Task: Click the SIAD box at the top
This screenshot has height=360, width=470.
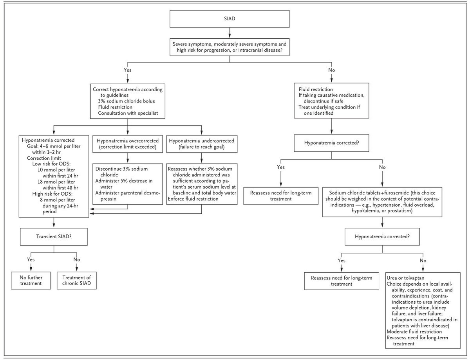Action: (x=230, y=19)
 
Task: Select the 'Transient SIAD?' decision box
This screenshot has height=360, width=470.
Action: (x=54, y=237)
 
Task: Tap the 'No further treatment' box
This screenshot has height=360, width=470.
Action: (x=31, y=281)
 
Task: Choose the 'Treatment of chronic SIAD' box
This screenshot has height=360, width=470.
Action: (x=76, y=281)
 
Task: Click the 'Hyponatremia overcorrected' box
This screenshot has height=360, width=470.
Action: (x=128, y=144)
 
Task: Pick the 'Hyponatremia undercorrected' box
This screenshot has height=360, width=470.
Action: (x=202, y=144)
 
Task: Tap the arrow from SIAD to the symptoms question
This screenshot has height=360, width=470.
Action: (x=230, y=33)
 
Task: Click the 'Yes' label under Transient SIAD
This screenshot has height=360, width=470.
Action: (x=31, y=259)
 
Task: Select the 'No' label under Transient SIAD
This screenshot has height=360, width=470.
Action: (x=76, y=259)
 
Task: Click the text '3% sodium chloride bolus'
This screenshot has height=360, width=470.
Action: (x=127, y=101)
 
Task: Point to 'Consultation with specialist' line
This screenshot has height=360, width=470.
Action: (x=128, y=113)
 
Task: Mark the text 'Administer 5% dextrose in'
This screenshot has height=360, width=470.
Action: (x=124, y=181)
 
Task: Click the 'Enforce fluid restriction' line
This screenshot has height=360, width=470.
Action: (x=193, y=199)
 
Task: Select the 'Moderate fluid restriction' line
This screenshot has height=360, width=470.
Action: (x=414, y=332)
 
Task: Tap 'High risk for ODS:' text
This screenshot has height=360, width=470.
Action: (x=52, y=194)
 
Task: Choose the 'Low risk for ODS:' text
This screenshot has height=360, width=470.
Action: (x=51, y=164)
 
